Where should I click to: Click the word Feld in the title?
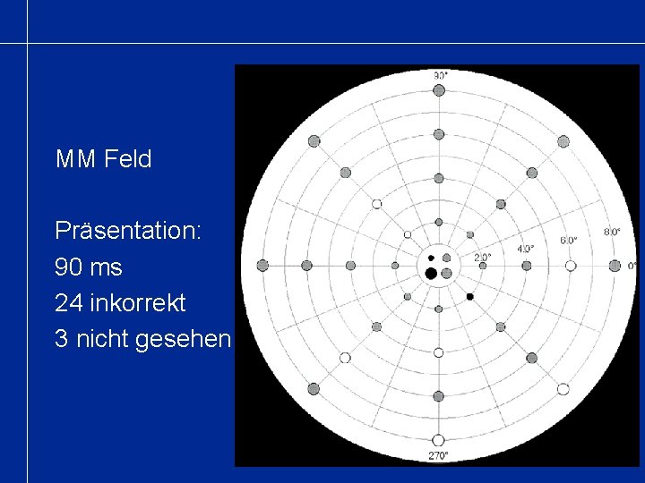(129, 160)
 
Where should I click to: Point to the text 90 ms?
(89, 267)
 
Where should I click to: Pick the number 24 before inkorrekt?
(67, 303)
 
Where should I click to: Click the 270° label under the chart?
(439, 455)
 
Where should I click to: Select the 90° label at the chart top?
(439, 76)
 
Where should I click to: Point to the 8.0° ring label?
(612, 232)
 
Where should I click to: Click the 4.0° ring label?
(526, 248)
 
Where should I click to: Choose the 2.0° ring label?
(482, 257)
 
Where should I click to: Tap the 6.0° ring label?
(569, 240)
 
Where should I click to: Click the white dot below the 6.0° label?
(571, 266)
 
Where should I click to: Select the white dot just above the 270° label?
(438, 440)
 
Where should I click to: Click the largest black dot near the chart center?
(431, 273)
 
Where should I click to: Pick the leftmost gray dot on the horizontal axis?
(262, 266)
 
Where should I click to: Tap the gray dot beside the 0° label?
(615, 266)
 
